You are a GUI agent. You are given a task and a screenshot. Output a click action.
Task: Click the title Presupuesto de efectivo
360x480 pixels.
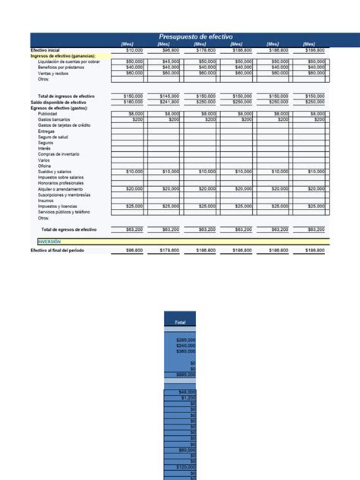[195, 36]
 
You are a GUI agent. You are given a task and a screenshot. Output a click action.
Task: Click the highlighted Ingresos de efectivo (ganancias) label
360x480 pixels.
[63, 55]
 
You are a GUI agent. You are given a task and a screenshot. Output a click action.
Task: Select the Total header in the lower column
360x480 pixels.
[180, 323]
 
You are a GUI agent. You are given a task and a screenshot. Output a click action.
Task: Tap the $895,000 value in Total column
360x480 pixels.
[185, 374]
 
